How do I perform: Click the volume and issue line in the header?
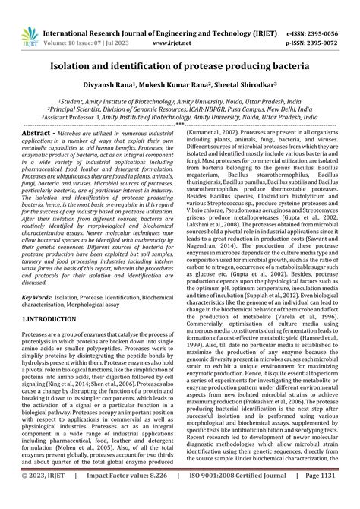click(x=90, y=22)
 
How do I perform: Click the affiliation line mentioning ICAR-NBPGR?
click(x=180, y=108)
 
